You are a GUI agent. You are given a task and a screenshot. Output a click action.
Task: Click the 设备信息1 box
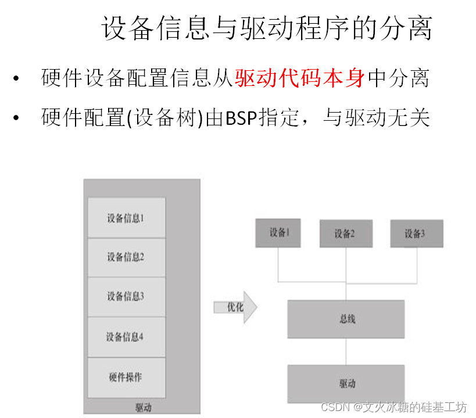coord(126,218)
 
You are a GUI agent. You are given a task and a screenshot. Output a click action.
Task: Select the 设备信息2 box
coord(126,257)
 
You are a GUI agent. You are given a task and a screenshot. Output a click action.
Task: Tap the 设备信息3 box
coord(126,297)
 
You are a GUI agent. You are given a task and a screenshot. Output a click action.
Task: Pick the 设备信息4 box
coord(126,337)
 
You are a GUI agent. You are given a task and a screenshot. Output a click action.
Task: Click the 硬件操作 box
coord(126,377)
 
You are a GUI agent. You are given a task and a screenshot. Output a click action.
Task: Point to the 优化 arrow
coord(235,307)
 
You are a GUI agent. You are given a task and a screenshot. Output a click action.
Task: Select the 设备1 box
coord(278,233)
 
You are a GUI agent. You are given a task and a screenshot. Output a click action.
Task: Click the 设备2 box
coord(345,234)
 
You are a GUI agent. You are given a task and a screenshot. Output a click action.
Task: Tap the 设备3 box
coord(416,233)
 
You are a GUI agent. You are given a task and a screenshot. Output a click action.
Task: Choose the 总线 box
coord(346,319)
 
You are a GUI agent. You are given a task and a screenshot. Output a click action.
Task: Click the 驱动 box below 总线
coord(346,383)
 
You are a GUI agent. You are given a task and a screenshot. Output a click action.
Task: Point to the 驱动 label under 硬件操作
coord(143,408)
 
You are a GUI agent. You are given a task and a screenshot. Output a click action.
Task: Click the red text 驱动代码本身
coord(299,78)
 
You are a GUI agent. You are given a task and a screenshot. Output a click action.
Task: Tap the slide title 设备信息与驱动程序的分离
coord(267,28)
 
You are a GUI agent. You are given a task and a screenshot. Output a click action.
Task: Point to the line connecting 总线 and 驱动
coord(346,351)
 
